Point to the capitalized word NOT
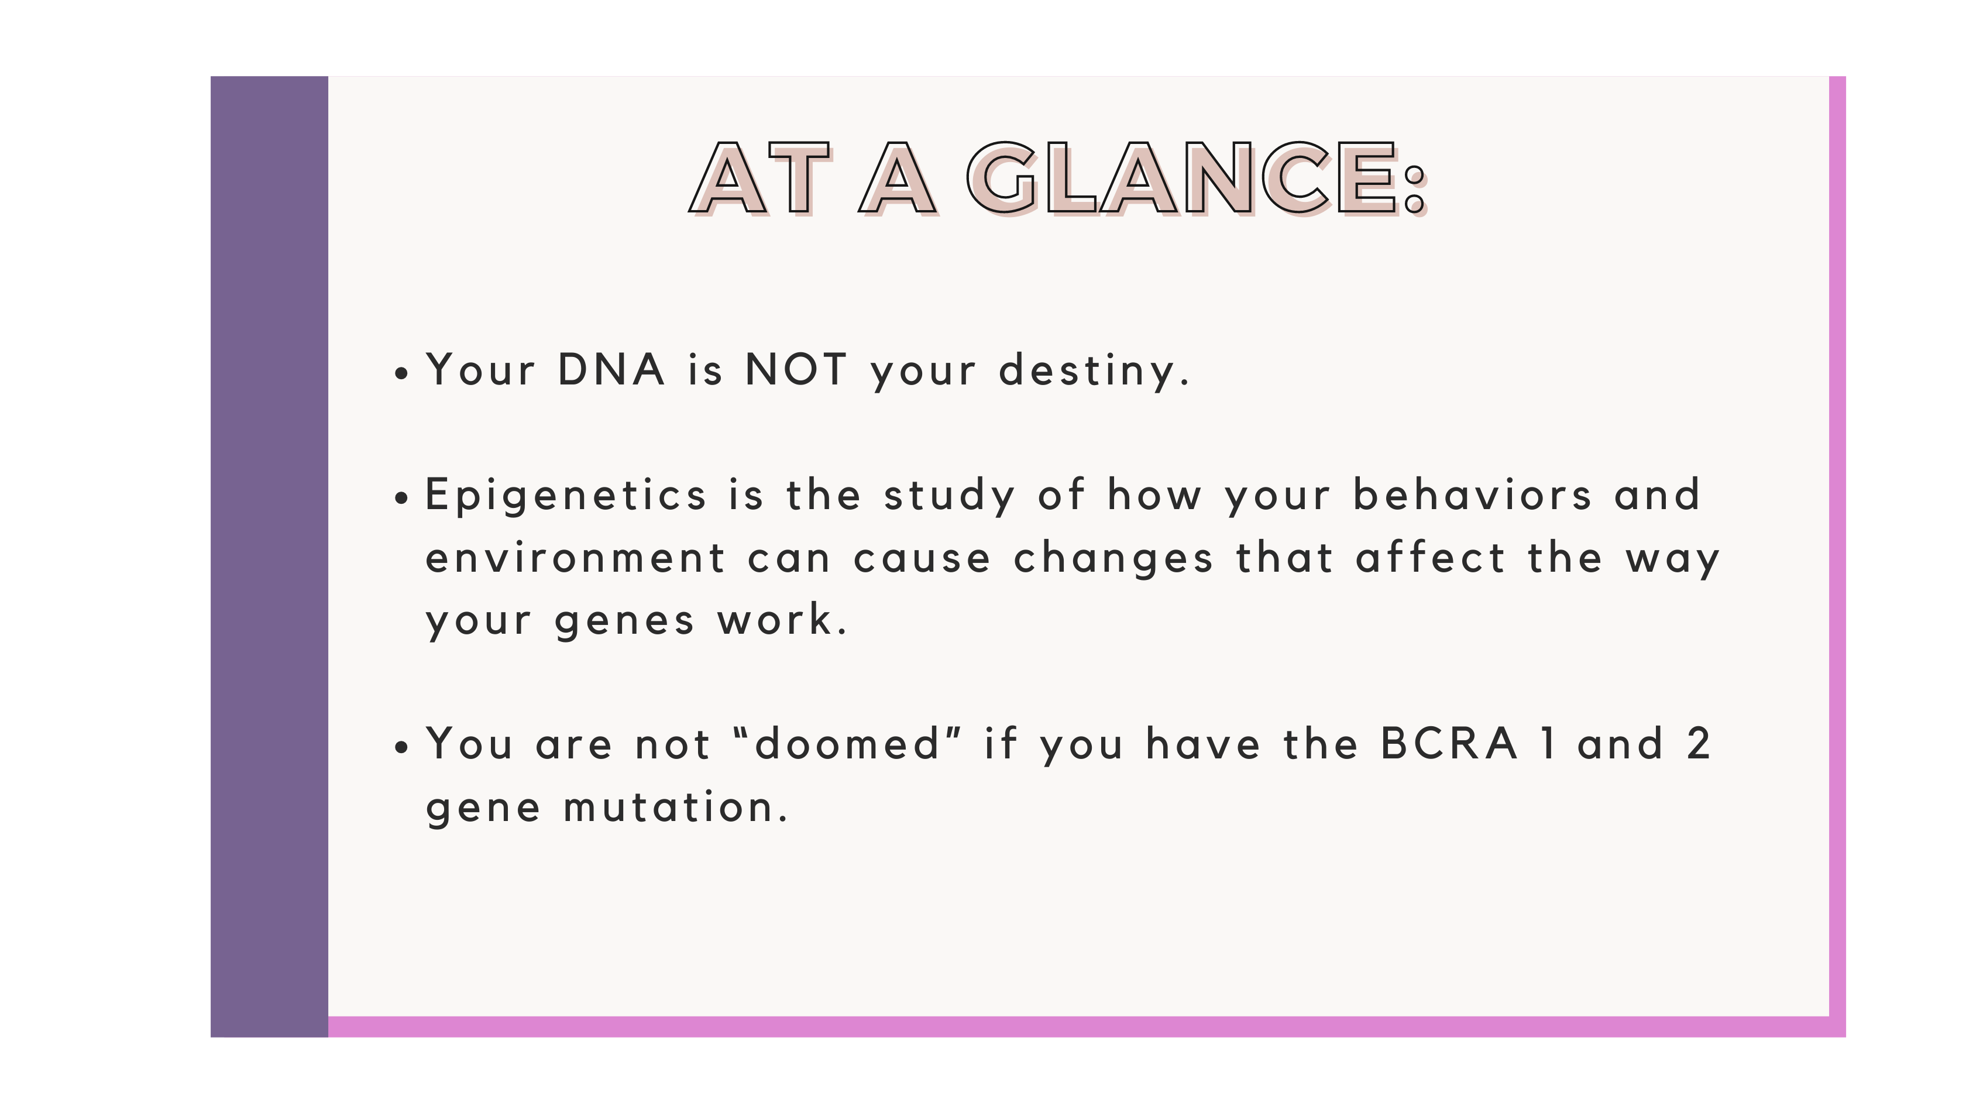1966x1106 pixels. click(x=796, y=369)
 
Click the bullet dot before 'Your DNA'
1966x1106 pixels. click(x=402, y=373)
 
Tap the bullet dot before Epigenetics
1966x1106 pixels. click(x=402, y=499)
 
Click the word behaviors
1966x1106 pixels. click(x=1472, y=494)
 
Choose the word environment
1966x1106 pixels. click(x=575, y=557)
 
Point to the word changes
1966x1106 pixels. click(x=1113, y=559)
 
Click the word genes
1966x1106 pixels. click(x=624, y=622)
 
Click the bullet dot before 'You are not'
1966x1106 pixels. click(x=402, y=748)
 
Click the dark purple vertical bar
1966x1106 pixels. click(x=269, y=557)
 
